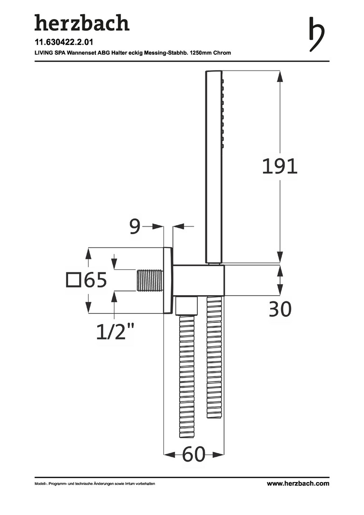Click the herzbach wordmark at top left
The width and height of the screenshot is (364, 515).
[x=82, y=23]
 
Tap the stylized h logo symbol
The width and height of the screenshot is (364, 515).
[x=316, y=34]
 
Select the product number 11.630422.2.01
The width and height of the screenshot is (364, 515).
[x=64, y=42]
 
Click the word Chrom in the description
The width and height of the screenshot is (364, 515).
[x=222, y=52]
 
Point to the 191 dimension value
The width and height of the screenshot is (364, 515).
[x=280, y=166]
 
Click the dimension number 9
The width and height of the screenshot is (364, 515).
[x=134, y=226]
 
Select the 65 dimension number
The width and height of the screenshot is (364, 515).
[x=95, y=280]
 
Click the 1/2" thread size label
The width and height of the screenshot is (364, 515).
[x=115, y=331]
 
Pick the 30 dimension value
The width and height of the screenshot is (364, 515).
[x=280, y=309]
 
